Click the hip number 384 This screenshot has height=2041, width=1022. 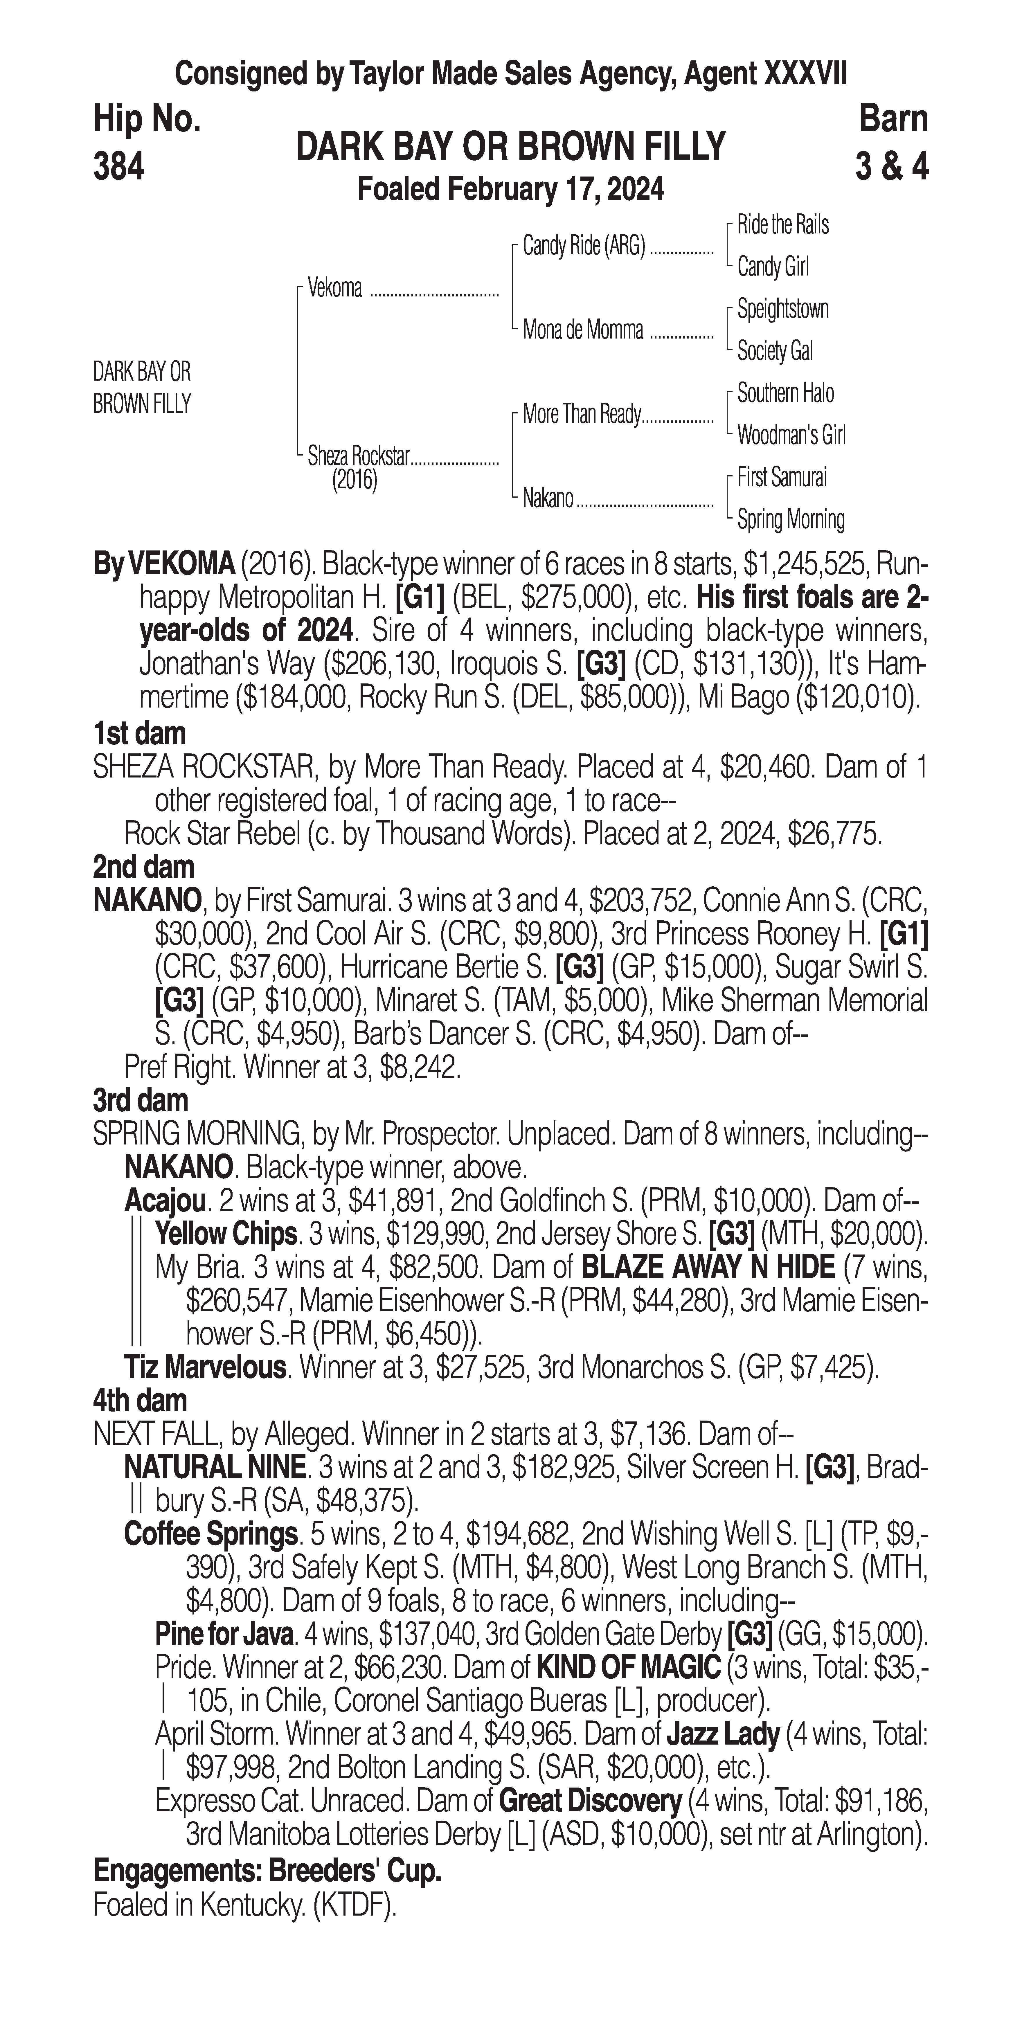(x=119, y=167)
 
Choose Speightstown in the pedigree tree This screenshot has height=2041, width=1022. (x=783, y=309)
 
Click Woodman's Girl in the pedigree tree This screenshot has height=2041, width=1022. (x=791, y=435)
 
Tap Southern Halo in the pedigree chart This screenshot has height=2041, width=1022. (x=785, y=393)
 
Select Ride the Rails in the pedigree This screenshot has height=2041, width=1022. (x=783, y=225)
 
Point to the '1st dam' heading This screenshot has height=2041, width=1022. (x=139, y=734)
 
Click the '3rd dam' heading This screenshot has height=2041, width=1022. (x=140, y=1101)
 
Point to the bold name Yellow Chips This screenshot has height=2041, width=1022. (x=226, y=1234)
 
